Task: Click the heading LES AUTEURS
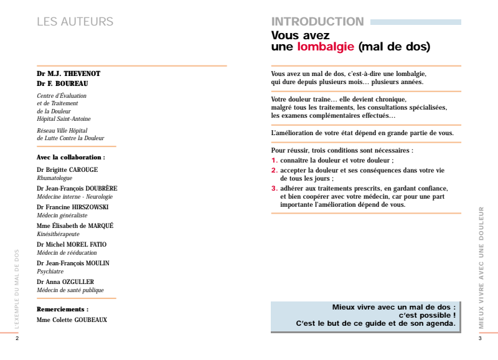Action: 75,22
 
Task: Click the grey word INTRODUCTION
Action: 317,22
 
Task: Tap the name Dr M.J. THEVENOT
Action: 68,73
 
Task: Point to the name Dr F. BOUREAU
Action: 62,83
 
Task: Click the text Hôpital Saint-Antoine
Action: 63,119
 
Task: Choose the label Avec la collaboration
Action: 70,158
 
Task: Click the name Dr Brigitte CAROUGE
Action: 67,169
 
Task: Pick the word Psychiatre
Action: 50,272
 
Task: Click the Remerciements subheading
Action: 62,309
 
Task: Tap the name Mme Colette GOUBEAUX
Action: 72,320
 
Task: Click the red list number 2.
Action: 274,169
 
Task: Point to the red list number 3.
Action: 274,188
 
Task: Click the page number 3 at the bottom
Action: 480,339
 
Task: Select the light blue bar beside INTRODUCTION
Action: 415,22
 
